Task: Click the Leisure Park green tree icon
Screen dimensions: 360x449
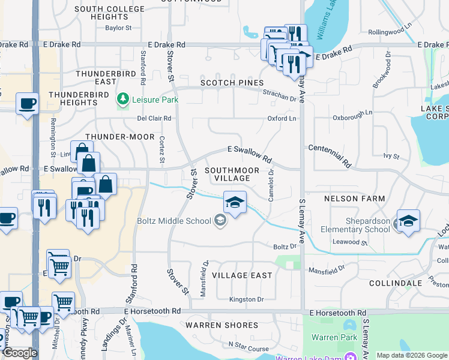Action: [123, 98]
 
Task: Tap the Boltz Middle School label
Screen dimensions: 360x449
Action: [173, 221]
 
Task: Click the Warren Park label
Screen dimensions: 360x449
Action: [335, 337]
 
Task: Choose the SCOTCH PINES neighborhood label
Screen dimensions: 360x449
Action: [232, 83]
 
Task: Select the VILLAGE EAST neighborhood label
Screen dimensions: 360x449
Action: [242, 275]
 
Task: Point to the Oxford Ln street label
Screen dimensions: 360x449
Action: [282, 119]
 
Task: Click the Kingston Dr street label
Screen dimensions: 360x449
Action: [246, 299]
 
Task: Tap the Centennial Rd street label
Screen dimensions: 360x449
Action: [330, 155]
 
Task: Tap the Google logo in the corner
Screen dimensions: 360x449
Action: [20, 353]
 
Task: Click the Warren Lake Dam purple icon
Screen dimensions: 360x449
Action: [349, 358]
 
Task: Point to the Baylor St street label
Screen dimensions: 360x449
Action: [118, 28]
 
